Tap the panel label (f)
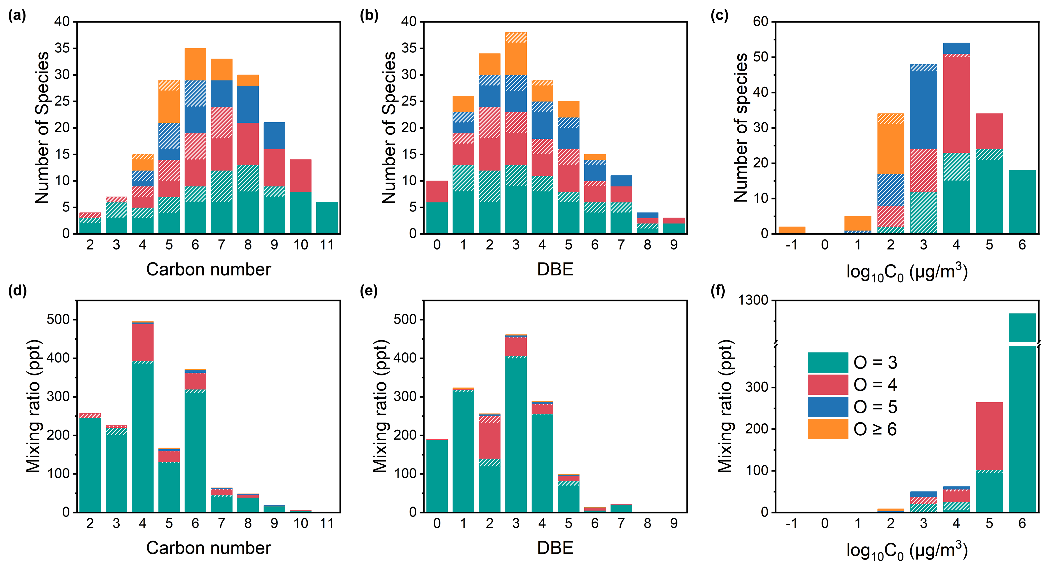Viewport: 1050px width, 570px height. pyautogui.click(x=718, y=291)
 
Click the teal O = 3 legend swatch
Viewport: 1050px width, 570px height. pyautogui.click(x=828, y=362)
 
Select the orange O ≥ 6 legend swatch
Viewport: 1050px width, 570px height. pyautogui.click(x=828, y=429)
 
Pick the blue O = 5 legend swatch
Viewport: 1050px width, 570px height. pyautogui.click(x=828, y=406)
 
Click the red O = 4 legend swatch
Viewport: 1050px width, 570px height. pyautogui.click(x=828, y=384)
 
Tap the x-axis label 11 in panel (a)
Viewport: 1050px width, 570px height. pyautogui.click(x=327, y=245)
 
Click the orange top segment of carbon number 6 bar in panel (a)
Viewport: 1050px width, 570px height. pyautogui.click(x=195, y=64)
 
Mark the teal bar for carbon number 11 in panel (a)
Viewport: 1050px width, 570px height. pyautogui.click(x=327, y=218)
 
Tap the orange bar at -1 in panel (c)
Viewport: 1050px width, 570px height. pyautogui.click(x=792, y=230)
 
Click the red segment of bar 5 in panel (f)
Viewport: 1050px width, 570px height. pyautogui.click(x=989, y=436)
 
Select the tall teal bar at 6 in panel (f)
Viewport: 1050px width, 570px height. pyautogui.click(x=1022, y=428)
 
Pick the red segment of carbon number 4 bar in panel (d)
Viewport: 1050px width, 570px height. pyautogui.click(x=143, y=342)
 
